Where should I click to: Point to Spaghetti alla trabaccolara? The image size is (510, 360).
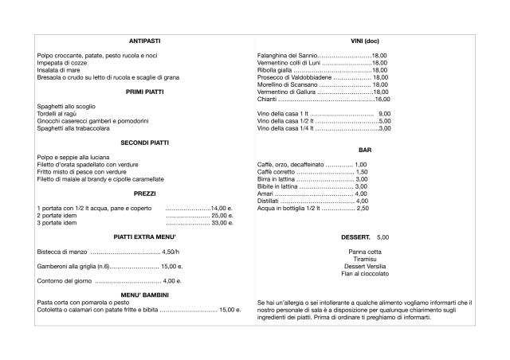(x=73, y=128)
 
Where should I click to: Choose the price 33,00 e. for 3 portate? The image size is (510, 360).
(x=221, y=223)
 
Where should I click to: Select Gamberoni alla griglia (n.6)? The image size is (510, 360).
(x=73, y=267)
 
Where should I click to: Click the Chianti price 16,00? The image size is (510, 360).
(x=382, y=99)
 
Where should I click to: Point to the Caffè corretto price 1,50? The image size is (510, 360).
(x=361, y=172)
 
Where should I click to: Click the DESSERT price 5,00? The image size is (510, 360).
(x=382, y=237)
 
